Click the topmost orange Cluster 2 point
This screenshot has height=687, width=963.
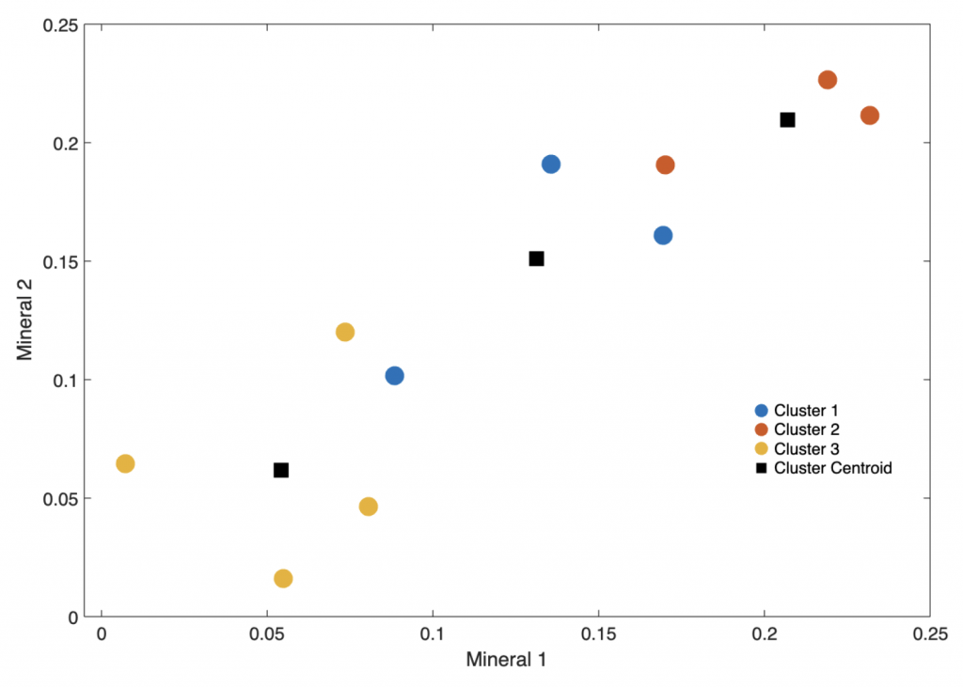(x=828, y=80)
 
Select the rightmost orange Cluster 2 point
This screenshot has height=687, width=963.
(x=870, y=116)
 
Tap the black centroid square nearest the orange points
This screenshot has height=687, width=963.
(x=788, y=119)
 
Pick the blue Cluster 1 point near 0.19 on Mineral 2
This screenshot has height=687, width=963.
(x=551, y=164)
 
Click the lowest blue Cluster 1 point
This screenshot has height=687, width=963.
(x=394, y=376)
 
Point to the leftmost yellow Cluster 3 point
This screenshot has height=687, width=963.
(x=125, y=463)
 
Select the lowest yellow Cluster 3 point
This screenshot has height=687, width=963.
(x=283, y=578)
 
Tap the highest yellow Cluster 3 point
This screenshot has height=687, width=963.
(x=345, y=332)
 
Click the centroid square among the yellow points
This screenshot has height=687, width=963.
(x=281, y=470)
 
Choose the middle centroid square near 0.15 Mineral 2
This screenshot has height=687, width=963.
(x=537, y=258)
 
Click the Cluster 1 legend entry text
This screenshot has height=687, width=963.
(x=806, y=411)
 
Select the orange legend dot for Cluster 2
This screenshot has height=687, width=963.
(x=762, y=429)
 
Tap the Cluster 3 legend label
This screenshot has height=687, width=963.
(x=806, y=448)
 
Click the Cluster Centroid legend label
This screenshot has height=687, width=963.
(x=833, y=467)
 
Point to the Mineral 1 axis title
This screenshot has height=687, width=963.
(x=506, y=660)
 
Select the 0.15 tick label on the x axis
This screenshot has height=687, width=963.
(x=598, y=634)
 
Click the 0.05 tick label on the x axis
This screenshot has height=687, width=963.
(x=267, y=634)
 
